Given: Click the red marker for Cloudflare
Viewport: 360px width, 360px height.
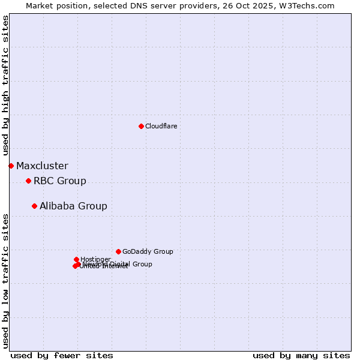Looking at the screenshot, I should [141, 126].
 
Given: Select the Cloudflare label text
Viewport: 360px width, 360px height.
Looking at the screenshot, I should [161, 126].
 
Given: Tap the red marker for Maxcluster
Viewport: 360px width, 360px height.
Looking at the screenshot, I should [11, 166].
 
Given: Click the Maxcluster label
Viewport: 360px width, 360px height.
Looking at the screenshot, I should [42, 166].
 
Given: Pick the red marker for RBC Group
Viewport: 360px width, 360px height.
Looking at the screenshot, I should [28, 181].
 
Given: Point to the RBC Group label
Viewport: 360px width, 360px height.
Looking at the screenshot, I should [59, 181].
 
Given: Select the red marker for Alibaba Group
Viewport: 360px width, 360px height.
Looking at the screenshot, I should [34, 206].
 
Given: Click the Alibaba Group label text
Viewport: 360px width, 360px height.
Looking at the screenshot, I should [73, 206].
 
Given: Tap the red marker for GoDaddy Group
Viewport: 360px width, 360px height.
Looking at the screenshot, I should [118, 251].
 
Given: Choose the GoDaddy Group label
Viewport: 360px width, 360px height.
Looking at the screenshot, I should [148, 252].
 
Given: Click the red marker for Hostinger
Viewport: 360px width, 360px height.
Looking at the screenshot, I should [76, 259].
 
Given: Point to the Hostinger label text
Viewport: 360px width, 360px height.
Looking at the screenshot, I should [95, 259].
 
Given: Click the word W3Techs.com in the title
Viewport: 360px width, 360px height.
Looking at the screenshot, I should [305, 5].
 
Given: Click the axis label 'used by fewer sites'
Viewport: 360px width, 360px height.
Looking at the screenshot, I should [62, 355].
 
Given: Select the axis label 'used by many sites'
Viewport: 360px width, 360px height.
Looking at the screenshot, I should [301, 355].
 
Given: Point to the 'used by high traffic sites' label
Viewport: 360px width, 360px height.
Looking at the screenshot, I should [5, 86].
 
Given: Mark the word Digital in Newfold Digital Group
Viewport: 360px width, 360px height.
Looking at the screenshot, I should [119, 264].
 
